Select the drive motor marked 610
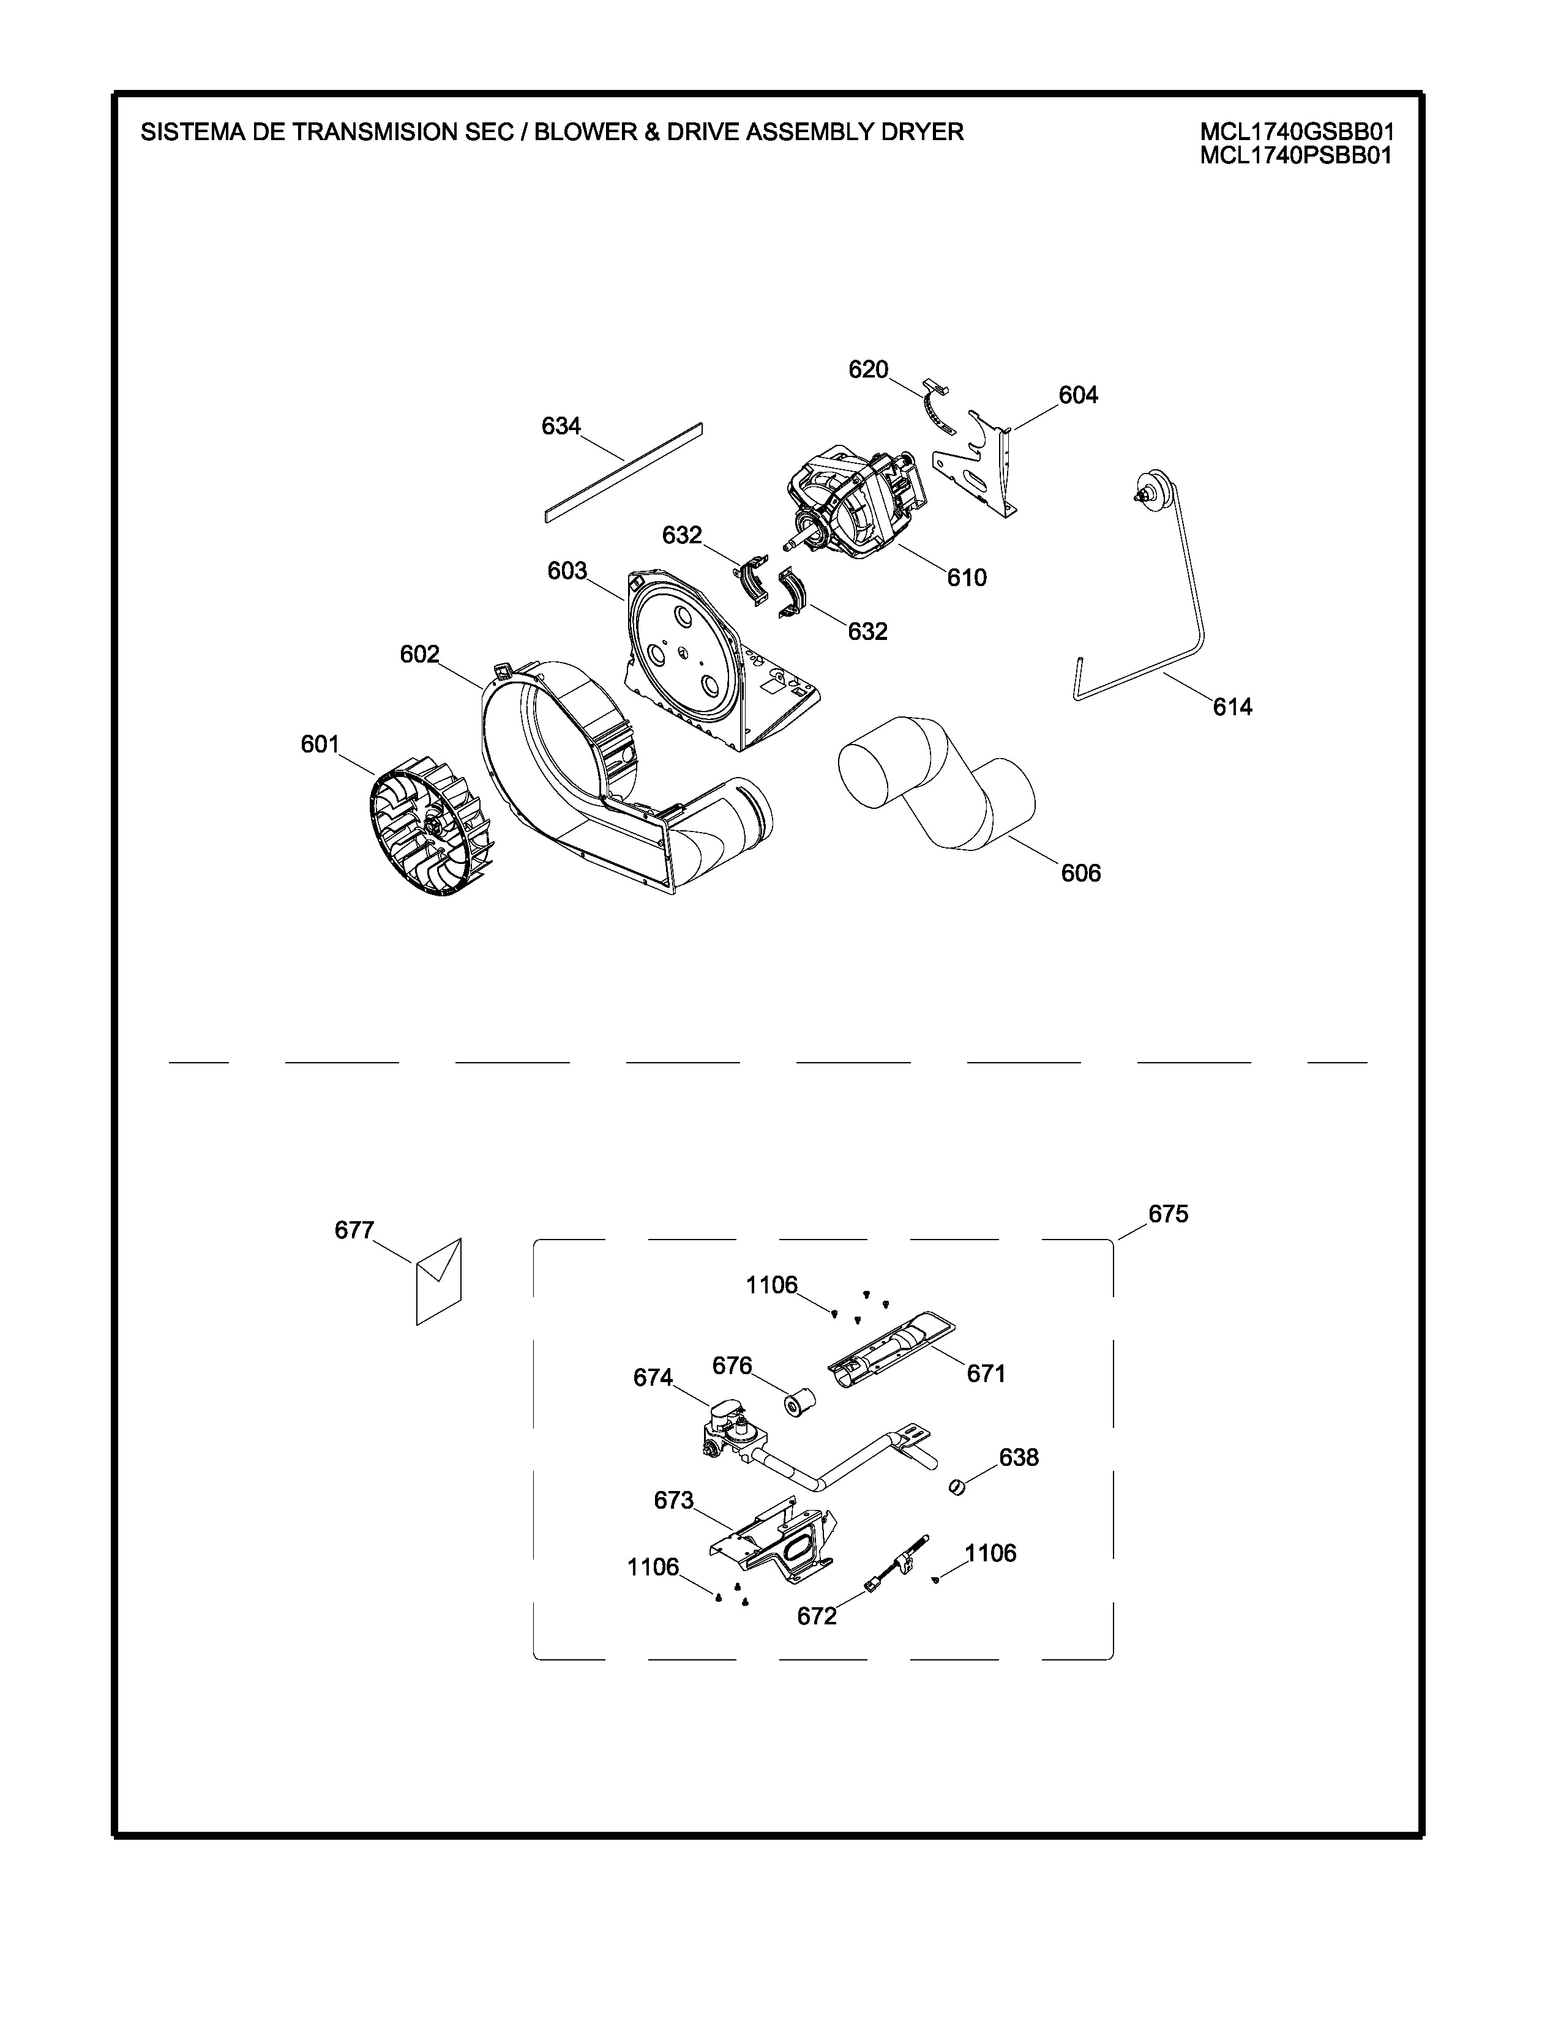[x=855, y=504]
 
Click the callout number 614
[x=1232, y=707]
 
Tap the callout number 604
[x=1077, y=396]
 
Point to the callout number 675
[x=1168, y=1214]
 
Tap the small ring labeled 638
[x=957, y=1487]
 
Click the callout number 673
[x=673, y=1500]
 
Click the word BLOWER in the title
[x=585, y=132]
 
